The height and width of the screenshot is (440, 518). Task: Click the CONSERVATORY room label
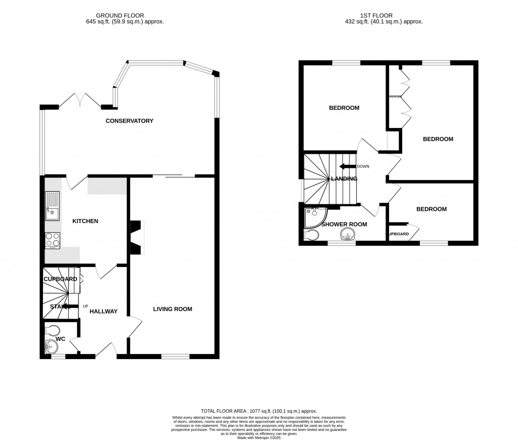pyautogui.click(x=129, y=121)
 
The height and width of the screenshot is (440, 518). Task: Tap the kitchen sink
pyautogui.click(x=52, y=207)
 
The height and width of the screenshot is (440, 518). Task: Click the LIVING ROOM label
pyautogui.click(x=172, y=309)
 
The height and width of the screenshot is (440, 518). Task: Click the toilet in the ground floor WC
pyautogui.click(x=52, y=330)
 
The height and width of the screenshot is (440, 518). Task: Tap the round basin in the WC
pyautogui.click(x=51, y=347)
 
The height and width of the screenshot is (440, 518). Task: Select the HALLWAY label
pyautogui.click(x=103, y=312)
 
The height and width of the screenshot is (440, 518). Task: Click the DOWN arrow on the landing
pyautogui.click(x=348, y=166)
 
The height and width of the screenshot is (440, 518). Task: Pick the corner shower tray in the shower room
pyautogui.click(x=314, y=216)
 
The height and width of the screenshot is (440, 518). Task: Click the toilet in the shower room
pyautogui.click(x=311, y=235)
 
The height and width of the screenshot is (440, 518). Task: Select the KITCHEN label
pyautogui.click(x=85, y=221)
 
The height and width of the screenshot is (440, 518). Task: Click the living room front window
pyautogui.click(x=175, y=357)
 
